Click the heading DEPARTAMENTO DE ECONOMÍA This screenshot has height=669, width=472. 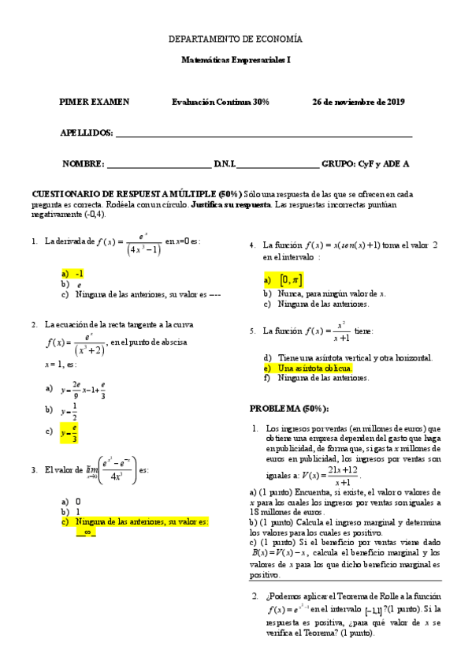click(x=236, y=39)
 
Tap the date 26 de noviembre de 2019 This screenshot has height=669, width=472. click(x=359, y=102)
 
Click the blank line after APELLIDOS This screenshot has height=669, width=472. click(x=264, y=134)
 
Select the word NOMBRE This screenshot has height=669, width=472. click(x=83, y=164)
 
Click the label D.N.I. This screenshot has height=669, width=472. click(x=225, y=164)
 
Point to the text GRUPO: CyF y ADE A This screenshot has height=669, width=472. click(x=366, y=164)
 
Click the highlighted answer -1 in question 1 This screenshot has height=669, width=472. click(x=80, y=272)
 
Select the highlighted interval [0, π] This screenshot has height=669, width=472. click(x=289, y=280)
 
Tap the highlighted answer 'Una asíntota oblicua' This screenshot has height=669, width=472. click(x=315, y=368)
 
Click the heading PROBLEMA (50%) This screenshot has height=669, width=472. click(x=289, y=408)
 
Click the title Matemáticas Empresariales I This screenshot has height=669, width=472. click(x=236, y=59)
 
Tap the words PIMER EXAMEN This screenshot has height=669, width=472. click(x=95, y=102)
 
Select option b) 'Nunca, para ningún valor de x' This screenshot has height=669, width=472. click(x=332, y=293)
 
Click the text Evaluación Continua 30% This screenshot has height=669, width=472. click(x=221, y=102)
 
